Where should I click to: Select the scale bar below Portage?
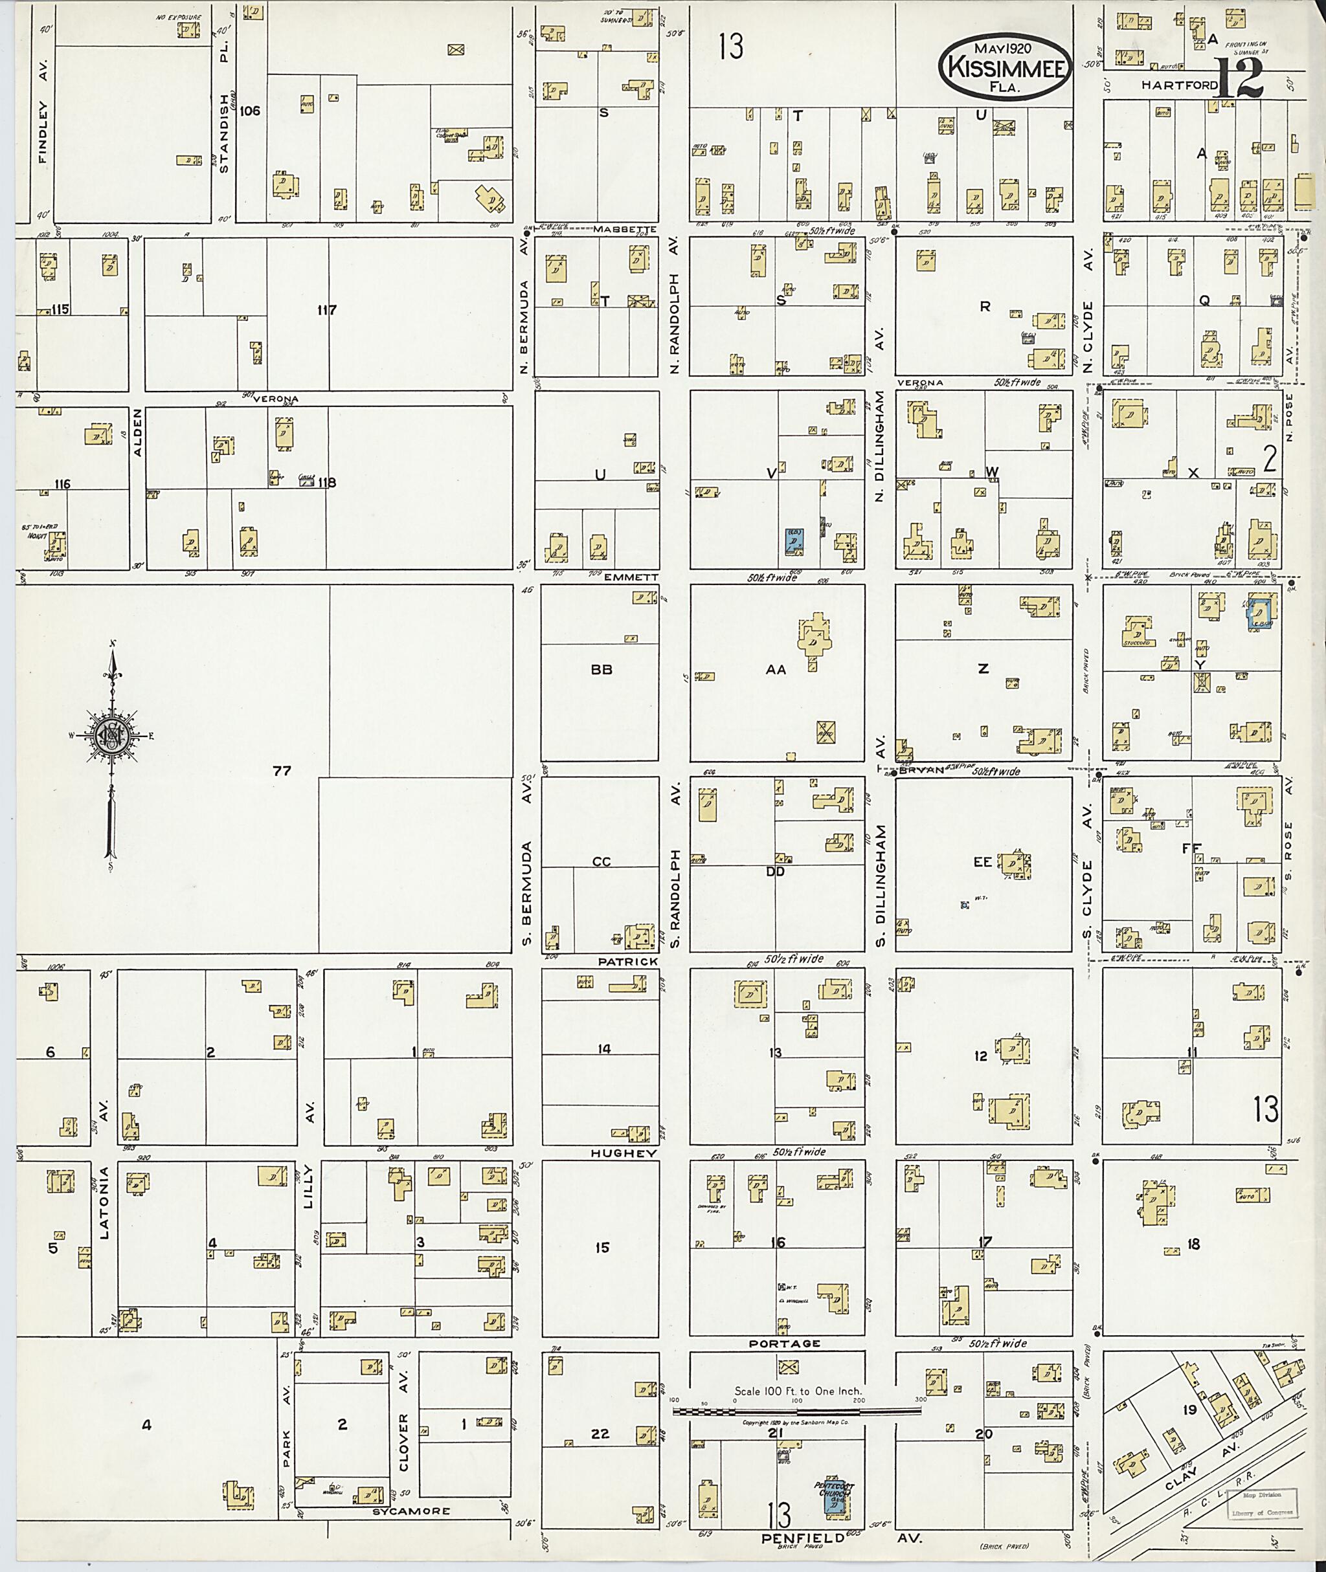click(797, 1411)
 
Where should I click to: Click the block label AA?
click(775, 669)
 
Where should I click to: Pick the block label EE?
click(982, 862)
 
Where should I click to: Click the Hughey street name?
click(612, 1153)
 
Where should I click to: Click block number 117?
click(327, 309)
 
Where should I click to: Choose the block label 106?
click(249, 111)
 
